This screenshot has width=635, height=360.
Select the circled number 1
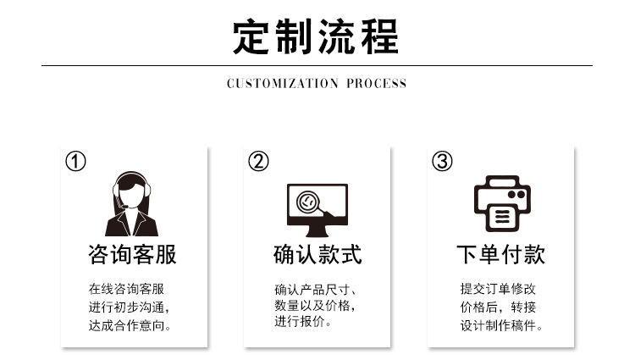76,161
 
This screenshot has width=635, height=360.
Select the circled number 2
258,161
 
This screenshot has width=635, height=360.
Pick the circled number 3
442,161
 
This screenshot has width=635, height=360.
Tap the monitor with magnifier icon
317,208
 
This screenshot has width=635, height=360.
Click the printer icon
501,204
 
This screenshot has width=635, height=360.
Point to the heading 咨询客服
133,255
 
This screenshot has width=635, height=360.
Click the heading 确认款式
317,255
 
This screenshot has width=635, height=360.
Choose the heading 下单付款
500,255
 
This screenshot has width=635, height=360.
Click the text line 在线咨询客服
126,288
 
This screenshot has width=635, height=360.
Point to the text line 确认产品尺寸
314,288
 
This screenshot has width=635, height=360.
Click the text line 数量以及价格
314,306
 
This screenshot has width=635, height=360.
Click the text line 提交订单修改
498,288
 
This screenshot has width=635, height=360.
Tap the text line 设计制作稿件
501,325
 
